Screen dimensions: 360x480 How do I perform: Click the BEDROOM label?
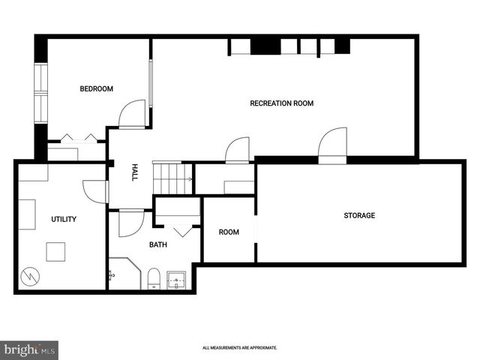click(96, 89)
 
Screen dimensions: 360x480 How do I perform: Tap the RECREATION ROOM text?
click(281, 103)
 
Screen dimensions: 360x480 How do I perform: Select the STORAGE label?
click(359, 215)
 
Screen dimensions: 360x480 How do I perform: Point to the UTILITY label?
click(64, 219)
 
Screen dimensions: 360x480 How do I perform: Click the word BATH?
click(157, 244)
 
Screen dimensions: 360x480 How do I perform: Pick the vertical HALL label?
click(135, 172)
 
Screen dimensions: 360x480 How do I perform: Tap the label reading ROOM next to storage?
click(229, 232)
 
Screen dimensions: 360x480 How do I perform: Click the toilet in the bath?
click(154, 278)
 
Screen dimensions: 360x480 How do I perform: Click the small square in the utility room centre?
click(55, 251)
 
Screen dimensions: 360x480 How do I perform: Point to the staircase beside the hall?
click(173, 178)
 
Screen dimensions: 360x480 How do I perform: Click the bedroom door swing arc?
click(132, 114)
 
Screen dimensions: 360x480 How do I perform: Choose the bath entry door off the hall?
click(131, 223)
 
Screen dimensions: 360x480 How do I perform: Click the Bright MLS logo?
click(29, 350)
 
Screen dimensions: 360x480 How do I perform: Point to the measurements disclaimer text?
click(240, 348)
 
